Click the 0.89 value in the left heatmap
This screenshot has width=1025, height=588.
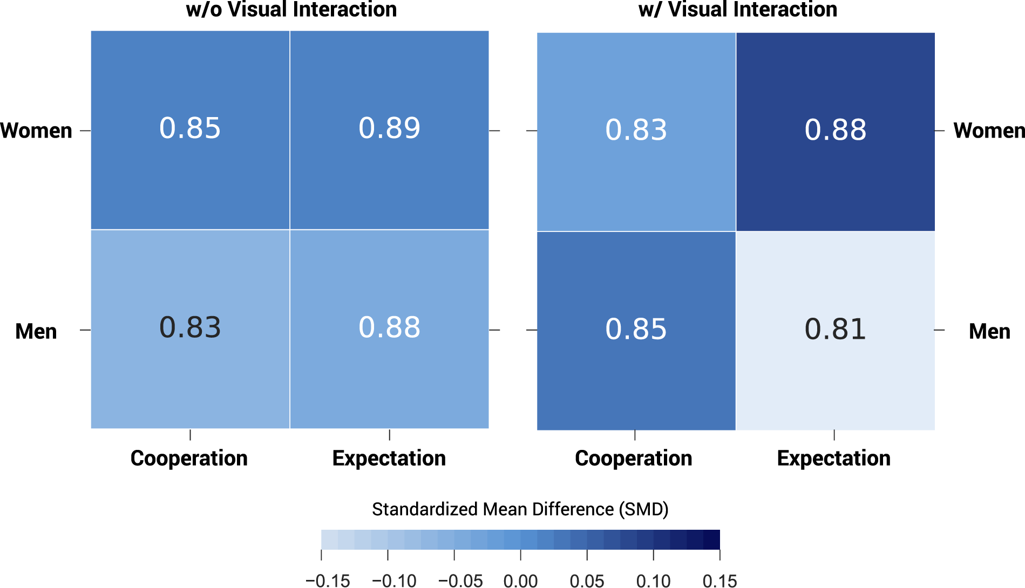(389, 128)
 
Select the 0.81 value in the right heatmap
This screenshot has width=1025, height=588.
(835, 329)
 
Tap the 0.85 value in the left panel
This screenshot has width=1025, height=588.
(190, 128)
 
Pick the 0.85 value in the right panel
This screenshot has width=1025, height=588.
(636, 329)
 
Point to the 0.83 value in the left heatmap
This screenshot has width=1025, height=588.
(190, 327)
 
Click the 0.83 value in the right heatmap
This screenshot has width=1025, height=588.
(636, 130)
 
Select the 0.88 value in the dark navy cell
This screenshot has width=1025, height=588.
(835, 130)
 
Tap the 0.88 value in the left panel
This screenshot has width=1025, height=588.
(389, 327)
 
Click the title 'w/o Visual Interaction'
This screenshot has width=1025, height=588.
(291, 10)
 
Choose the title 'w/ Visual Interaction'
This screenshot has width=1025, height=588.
(737, 10)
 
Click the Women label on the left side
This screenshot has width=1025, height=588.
(36, 131)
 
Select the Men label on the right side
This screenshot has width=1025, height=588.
(989, 331)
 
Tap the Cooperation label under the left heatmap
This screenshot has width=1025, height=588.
(189, 458)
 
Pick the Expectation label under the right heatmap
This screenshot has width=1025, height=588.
(833, 458)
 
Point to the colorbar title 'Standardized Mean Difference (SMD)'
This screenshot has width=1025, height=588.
(520, 509)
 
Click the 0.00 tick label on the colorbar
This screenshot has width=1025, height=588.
(520, 581)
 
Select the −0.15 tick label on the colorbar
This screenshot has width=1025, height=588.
(328, 581)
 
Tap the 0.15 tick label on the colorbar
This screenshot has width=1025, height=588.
(719, 581)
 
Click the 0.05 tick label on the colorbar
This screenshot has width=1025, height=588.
(587, 581)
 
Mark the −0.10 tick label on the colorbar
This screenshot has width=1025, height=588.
(394, 581)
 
